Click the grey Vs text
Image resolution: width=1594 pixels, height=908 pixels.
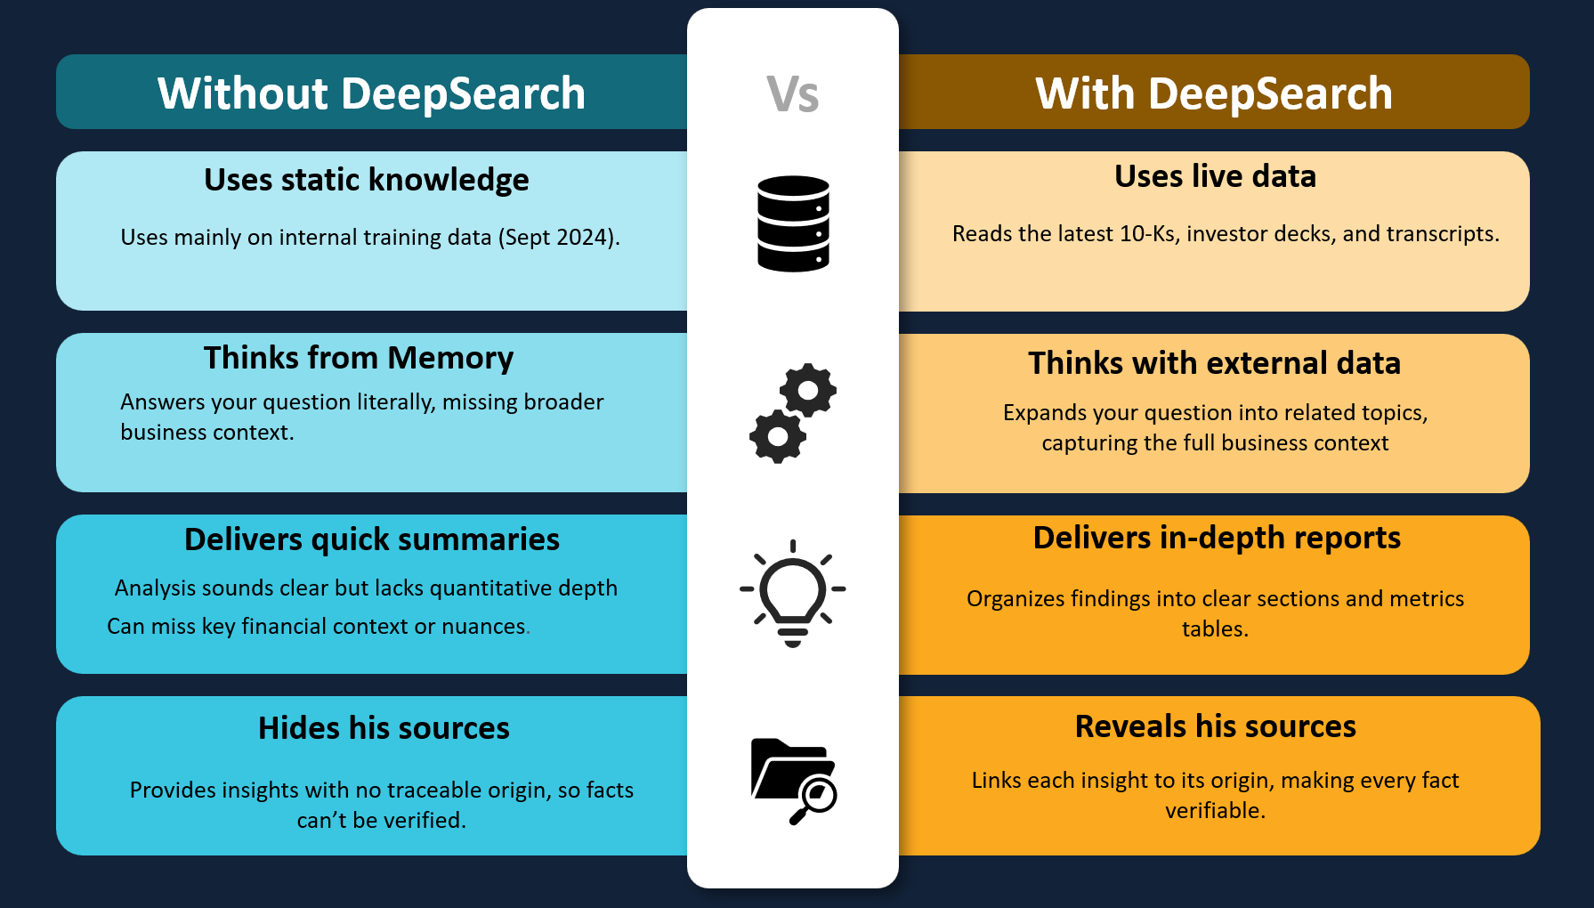(792, 94)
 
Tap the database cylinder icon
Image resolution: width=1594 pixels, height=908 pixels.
(793, 223)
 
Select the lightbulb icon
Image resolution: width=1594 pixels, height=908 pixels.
(792, 592)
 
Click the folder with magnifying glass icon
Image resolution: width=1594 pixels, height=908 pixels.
(793, 781)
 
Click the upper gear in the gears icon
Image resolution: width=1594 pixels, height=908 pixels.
(808, 390)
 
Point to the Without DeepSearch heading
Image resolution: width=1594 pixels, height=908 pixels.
(371, 93)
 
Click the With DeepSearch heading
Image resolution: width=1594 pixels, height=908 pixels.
(1214, 93)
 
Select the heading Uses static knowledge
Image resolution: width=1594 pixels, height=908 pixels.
(366, 180)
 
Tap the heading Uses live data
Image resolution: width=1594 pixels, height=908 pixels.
(1215, 176)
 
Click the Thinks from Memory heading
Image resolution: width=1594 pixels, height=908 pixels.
(358, 358)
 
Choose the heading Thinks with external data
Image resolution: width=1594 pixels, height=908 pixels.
(1214, 363)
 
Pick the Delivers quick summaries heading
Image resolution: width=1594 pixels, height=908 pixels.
(371, 539)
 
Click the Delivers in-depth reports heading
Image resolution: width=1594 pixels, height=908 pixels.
(1217, 538)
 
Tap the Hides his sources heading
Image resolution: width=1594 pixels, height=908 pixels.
(384, 728)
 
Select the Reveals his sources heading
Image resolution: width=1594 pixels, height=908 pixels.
(1215, 726)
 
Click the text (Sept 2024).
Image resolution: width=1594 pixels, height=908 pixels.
(558, 238)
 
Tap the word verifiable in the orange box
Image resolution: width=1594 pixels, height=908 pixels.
(1215, 811)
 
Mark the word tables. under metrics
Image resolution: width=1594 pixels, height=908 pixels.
(1215, 629)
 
